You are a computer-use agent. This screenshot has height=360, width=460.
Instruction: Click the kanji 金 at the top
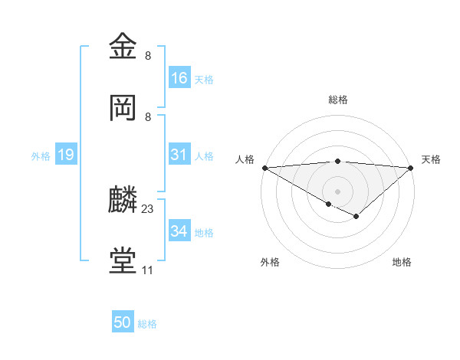click(x=124, y=47)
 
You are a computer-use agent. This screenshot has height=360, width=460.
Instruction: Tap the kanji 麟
click(x=124, y=200)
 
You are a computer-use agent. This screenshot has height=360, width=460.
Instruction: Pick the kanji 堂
click(x=124, y=261)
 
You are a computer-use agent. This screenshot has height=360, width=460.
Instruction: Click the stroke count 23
click(x=148, y=208)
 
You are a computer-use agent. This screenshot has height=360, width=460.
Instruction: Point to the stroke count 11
click(x=147, y=270)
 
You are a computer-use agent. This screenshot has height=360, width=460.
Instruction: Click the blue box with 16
click(x=179, y=78)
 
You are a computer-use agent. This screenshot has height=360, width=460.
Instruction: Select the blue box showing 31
click(x=179, y=155)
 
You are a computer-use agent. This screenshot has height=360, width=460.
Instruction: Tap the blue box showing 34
click(x=179, y=231)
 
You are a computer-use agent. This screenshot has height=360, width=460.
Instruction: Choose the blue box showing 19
click(x=66, y=155)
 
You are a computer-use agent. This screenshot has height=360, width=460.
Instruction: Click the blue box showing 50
click(x=123, y=322)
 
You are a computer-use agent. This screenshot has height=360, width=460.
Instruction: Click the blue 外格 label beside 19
click(x=41, y=155)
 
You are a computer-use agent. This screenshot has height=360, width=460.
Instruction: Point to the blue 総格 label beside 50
click(x=147, y=324)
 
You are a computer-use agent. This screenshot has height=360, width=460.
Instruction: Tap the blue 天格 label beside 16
click(x=204, y=80)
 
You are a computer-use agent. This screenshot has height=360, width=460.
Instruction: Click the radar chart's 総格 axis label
click(x=338, y=100)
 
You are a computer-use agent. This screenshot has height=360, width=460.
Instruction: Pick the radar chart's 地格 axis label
click(x=402, y=262)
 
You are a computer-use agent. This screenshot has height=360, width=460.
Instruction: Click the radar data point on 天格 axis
click(x=411, y=167)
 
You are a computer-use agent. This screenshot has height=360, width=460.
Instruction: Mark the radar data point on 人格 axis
click(x=264, y=167)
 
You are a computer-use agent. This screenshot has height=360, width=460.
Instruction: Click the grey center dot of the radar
click(x=337, y=191)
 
